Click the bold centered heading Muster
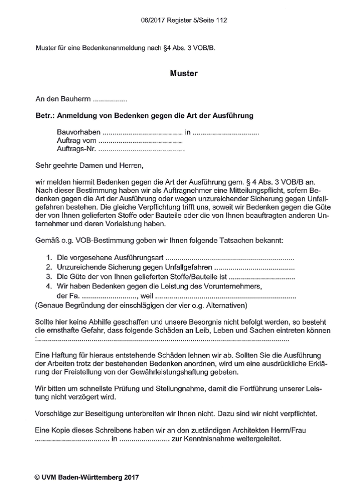pos(183,73)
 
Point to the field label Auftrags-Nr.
pos(76,150)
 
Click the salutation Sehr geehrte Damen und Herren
pos(89,166)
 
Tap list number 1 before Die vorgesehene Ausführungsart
pos(49,258)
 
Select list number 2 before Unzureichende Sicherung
pos(49,267)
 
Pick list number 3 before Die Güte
pos(49,276)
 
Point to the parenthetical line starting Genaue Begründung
pos(141,305)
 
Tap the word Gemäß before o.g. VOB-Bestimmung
pos(48,242)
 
